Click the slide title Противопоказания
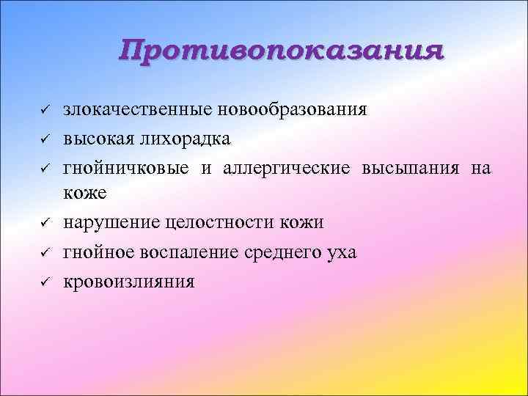282,52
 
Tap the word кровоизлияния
129,281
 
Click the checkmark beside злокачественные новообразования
44,111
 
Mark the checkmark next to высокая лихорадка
44,139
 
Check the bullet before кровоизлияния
44,281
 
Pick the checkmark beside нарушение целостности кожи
44,223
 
